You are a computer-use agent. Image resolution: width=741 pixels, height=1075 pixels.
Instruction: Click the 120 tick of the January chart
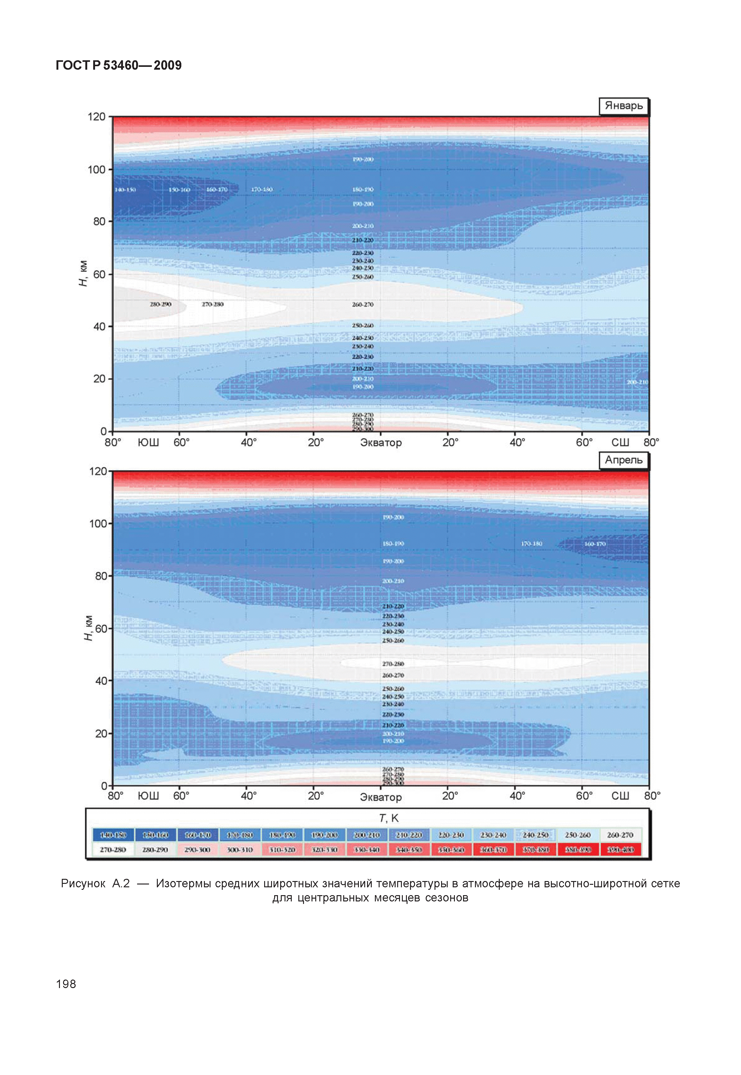pyautogui.click(x=97, y=117)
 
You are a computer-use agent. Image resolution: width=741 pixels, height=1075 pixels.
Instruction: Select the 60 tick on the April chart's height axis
pyautogui.click(x=101, y=629)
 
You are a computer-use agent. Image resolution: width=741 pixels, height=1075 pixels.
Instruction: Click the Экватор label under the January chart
pyautogui.click(x=381, y=443)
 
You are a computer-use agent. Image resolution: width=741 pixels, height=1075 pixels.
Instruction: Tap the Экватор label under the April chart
pyautogui.click(x=381, y=797)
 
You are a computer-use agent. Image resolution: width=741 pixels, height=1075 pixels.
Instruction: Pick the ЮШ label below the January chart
pyautogui.click(x=148, y=442)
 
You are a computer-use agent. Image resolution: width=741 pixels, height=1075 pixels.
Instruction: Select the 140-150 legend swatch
pyautogui.click(x=113, y=835)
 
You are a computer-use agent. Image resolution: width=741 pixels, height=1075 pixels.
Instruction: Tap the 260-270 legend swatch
pyautogui.click(x=620, y=835)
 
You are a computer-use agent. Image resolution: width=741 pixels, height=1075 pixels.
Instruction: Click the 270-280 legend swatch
pyautogui.click(x=113, y=849)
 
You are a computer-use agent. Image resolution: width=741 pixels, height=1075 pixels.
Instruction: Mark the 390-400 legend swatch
pyautogui.click(x=620, y=849)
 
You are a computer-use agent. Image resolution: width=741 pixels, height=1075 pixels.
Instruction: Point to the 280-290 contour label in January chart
pyautogui.click(x=160, y=304)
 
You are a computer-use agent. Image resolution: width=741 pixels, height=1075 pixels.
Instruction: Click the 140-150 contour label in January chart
pyautogui.click(x=125, y=190)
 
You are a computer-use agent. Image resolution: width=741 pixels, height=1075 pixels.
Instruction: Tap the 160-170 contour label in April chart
pyautogui.click(x=595, y=544)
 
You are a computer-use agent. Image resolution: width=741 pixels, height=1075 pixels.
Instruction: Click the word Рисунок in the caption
pyautogui.click(x=83, y=884)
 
